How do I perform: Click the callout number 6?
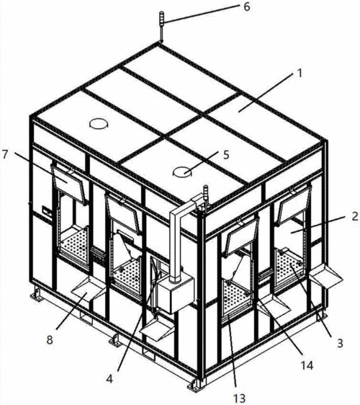247,7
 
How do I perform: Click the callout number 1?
299,74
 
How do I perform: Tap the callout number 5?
226,155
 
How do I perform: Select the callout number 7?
5,154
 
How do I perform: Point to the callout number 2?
355,216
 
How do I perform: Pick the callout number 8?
50,339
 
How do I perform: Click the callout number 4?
109,379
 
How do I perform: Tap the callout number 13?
239,398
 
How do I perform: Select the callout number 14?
307,365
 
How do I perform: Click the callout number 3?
340,343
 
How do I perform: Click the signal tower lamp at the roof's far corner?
161,27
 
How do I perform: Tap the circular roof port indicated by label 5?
181,172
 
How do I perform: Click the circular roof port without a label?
99,123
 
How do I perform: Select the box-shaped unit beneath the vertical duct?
176,294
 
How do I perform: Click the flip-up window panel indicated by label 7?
68,182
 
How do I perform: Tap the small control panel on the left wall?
48,211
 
